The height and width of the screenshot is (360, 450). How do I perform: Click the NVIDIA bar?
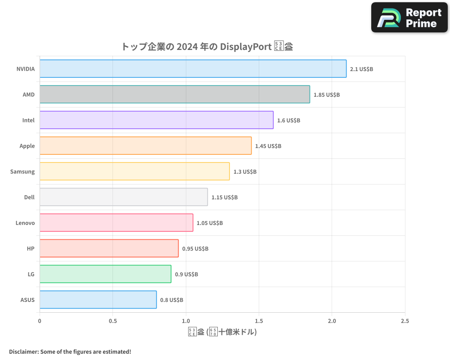pos(193,69)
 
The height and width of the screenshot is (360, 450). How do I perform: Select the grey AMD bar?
pos(175,94)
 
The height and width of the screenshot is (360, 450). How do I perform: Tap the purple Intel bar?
pos(157,120)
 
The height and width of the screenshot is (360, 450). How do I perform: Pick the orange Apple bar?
pos(145,146)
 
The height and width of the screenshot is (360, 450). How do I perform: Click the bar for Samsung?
pos(135,171)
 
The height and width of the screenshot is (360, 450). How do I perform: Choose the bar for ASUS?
pos(98,300)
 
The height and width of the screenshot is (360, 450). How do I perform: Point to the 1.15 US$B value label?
pos(225,198)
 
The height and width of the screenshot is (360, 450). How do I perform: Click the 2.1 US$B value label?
pos(361,69)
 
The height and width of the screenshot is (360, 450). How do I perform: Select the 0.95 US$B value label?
pos(195,249)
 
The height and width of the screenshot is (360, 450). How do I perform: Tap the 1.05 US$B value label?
pos(210,223)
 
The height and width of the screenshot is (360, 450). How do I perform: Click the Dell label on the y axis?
pos(29,197)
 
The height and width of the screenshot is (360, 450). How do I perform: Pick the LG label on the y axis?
pos(31,274)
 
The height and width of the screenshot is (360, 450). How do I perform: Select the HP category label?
pos(31,248)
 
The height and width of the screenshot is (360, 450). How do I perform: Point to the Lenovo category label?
pos(25,223)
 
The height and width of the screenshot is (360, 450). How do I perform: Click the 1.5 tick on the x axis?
pos(259,321)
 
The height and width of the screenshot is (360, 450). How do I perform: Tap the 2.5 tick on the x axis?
pos(405,321)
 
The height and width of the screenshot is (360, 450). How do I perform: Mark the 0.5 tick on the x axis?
pos(112,321)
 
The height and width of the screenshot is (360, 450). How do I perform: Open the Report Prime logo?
pos(409,18)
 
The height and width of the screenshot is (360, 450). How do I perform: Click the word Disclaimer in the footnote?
pos(23,351)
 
